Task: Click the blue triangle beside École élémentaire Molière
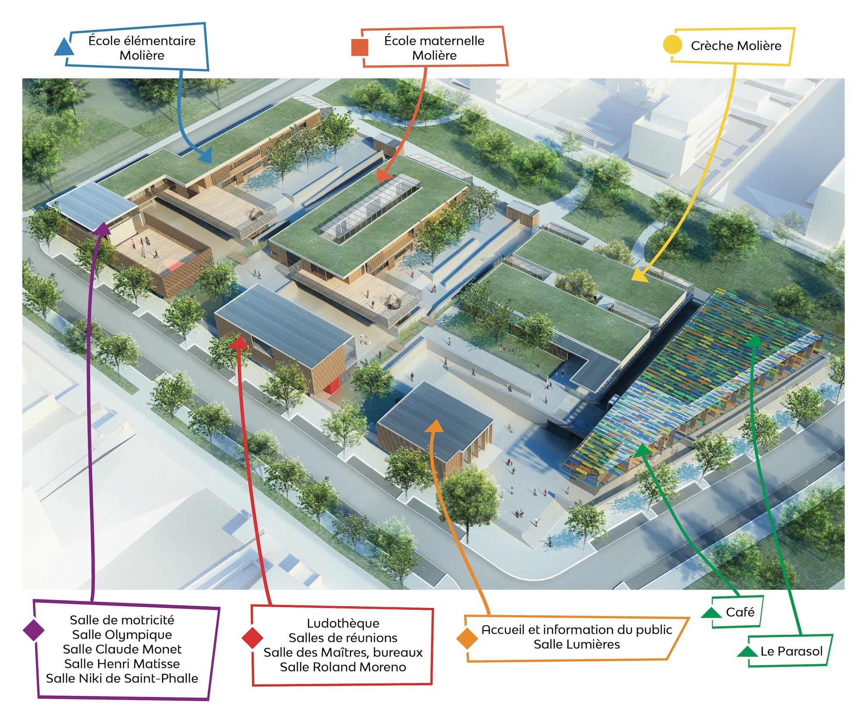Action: point(64,47)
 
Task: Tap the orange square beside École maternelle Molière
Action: point(360,47)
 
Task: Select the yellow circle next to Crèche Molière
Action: point(672,45)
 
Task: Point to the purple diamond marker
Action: point(34,630)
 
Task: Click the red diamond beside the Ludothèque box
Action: point(252,638)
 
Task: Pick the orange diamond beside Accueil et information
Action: point(467,638)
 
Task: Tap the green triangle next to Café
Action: point(711,612)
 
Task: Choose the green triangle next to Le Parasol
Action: point(747,651)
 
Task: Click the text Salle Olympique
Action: point(122,635)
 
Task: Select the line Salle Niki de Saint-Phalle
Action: point(122,678)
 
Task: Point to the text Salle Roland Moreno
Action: point(343,667)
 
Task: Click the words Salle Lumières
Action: point(577,644)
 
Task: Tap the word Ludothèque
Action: point(343,623)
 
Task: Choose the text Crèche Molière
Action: point(736,46)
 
